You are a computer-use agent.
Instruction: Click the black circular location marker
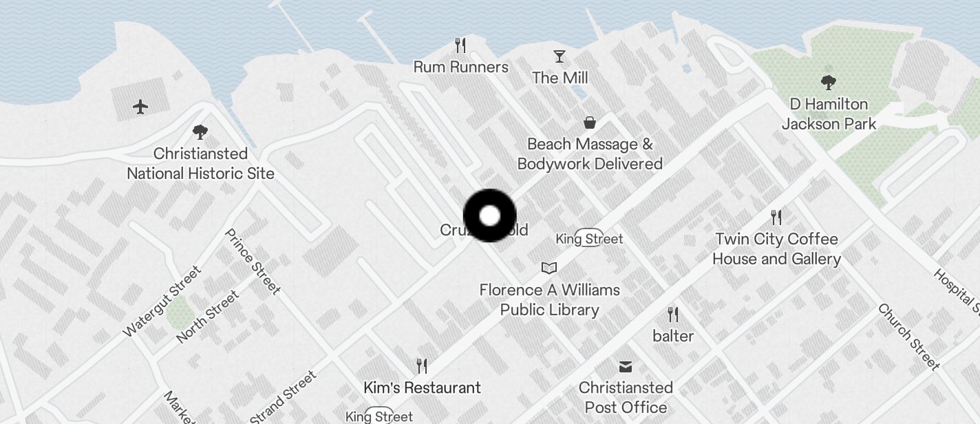pos(489,215)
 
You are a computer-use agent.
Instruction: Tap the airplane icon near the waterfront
pos(140,107)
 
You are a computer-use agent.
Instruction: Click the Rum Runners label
pos(460,67)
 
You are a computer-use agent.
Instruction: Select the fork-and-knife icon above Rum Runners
pos(460,46)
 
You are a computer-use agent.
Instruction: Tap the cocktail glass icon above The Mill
pos(560,56)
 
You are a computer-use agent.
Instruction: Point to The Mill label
pos(560,78)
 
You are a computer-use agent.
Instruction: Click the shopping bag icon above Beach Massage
pos(589,123)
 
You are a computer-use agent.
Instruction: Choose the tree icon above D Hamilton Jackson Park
pos(829,83)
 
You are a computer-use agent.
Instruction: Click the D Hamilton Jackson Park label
pos(829,114)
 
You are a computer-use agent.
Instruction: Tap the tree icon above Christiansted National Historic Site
pos(200,131)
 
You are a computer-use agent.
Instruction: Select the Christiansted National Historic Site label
pos(200,164)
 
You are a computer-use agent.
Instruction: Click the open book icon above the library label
pos(548,268)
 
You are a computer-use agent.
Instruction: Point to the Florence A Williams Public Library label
pos(549,300)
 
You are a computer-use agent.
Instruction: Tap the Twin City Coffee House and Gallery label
pos(776,249)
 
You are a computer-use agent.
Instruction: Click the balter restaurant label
pos(673,336)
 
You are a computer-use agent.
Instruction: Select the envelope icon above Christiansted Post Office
pos(625,365)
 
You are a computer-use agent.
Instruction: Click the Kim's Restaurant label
pos(422,388)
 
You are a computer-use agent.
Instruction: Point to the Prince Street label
pos(253,262)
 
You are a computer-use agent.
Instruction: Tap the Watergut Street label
pos(162,301)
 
